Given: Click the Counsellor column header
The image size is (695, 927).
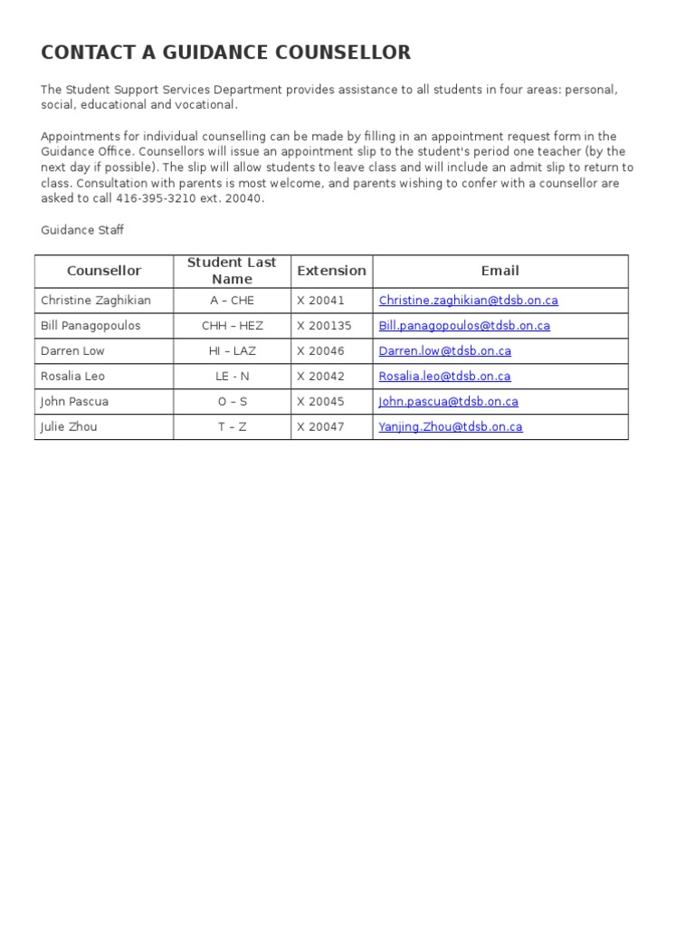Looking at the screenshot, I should pyautogui.click(x=104, y=271).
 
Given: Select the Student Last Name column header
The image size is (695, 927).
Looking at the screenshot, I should pyautogui.click(x=232, y=271).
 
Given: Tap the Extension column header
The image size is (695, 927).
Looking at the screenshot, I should pyautogui.click(x=331, y=271).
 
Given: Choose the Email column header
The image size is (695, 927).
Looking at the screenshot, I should pyautogui.click(x=500, y=271).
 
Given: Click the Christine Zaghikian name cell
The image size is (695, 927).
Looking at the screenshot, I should pyautogui.click(x=96, y=301).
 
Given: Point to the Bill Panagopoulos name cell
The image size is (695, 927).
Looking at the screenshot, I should pyautogui.click(x=90, y=326).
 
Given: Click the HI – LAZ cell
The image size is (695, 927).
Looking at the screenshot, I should pyautogui.click(x=232, y=351).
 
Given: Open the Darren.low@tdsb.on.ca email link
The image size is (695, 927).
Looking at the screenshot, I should pyautogui.click(x=445, y=351).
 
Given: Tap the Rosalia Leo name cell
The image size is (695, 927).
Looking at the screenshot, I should pyautogui.click(x=71, y=377).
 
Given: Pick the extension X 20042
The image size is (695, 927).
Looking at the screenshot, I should pyautogui.click(x=320, y=377).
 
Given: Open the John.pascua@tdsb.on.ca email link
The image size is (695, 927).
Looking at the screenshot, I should pyautogui.click(x=449, y=402).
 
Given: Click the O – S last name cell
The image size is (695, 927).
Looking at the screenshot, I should pyautogui.click(x=232, y=402).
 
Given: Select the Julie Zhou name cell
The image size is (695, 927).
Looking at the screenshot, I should pyautogui.click(x=69, y=427).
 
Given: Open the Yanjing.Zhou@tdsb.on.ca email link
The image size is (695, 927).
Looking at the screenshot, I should pyautogui.click(x=451, y=427).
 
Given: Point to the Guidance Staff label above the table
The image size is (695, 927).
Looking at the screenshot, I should pyautogui.click(x=82, y=230).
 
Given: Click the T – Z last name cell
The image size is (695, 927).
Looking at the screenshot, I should pyautogui.click(x=232, y=427).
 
